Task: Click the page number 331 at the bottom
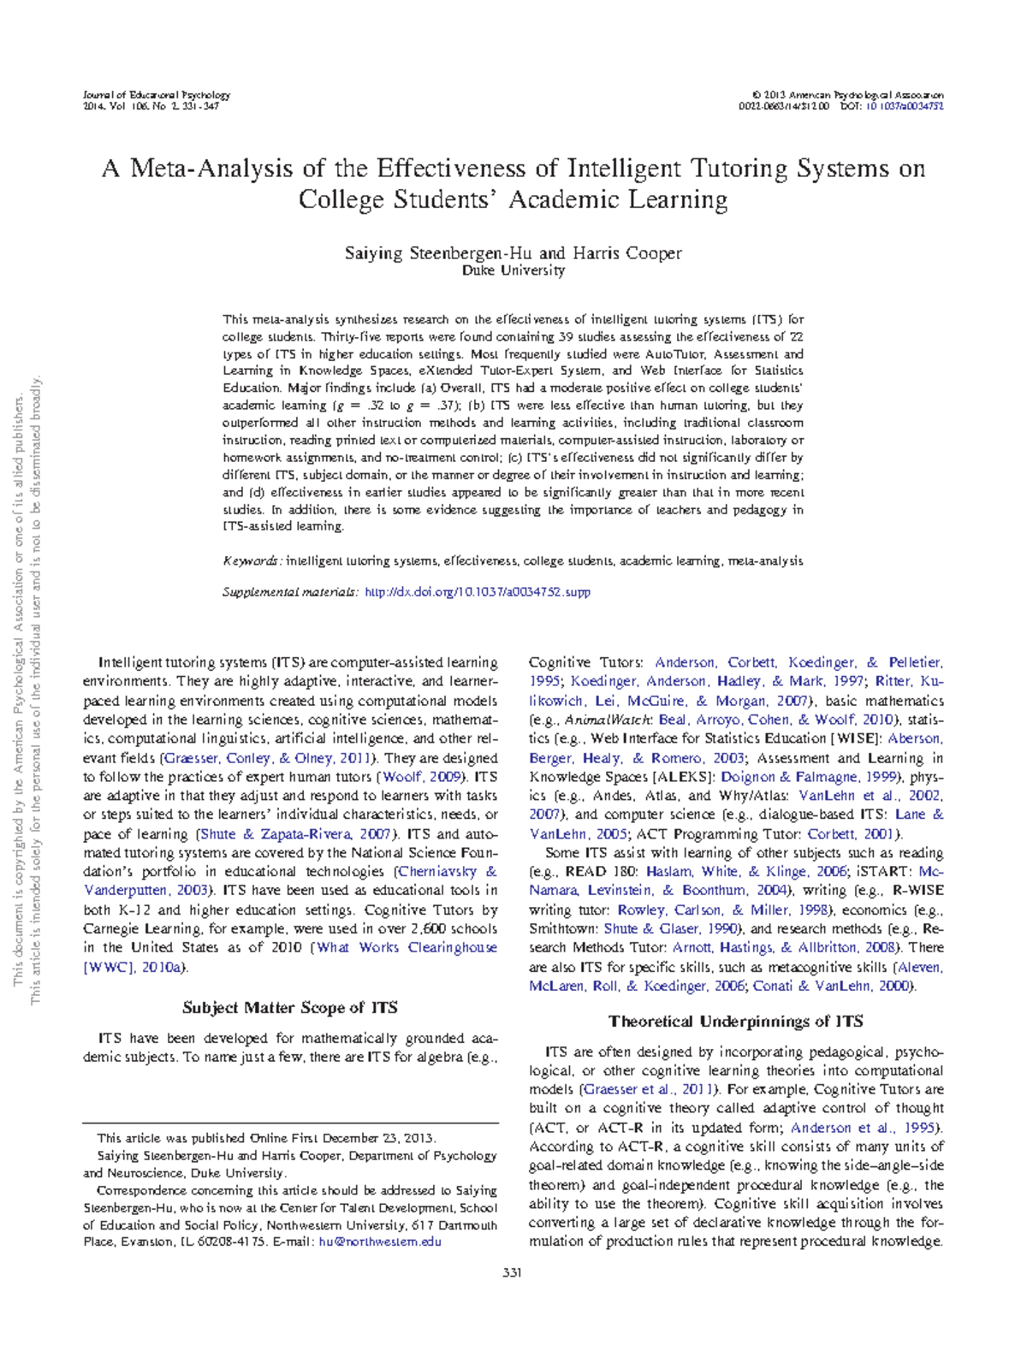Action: [x=512, y=1272]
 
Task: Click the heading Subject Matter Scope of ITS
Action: [x=290, y=1007]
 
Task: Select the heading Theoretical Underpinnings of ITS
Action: [x=735, y=1021]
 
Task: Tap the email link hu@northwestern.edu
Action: [x=380, y=1242]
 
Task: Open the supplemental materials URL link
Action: [x=478, y=591]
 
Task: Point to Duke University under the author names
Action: [x=513, y=270]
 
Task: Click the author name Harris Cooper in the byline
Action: [x=626, y=253]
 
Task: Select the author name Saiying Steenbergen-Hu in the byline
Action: [x=440, y=253]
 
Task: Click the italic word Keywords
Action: [x=251, y=561]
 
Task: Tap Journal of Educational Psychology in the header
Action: [x=156, y=95]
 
